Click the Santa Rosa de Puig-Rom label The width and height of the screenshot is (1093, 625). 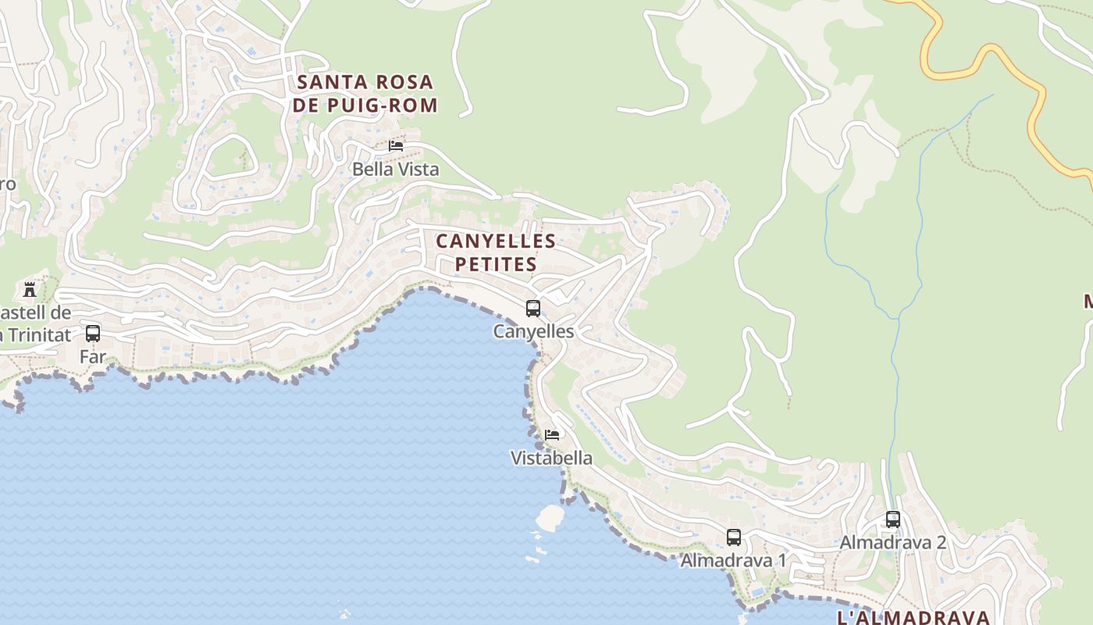tap(365, 93)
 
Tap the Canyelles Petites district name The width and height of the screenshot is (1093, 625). tap(496, 252)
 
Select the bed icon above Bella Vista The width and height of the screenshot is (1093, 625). tap(396, 146)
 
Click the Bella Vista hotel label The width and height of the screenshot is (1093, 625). tap(395, 169)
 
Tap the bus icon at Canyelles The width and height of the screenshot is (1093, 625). tap(533, 309)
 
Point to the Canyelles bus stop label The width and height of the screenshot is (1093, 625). tap(533, 331)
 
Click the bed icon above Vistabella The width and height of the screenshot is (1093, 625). tap(552, 435)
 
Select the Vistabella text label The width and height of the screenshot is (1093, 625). tap(551, 458)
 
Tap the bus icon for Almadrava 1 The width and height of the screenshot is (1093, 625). tap(734, 537)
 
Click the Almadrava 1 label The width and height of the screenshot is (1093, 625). tap(733, 560)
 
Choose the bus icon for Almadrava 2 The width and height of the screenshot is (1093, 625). tap(893, 520)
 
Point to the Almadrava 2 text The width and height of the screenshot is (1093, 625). tap(892, 542)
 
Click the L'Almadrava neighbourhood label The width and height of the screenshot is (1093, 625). tap(913, 617)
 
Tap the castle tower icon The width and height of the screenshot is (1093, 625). tap(30, 289)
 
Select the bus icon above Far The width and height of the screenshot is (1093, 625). tap(93, 334)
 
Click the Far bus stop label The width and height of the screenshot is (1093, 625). tap(92, 356)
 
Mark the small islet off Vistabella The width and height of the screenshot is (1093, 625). tap(550, 517)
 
